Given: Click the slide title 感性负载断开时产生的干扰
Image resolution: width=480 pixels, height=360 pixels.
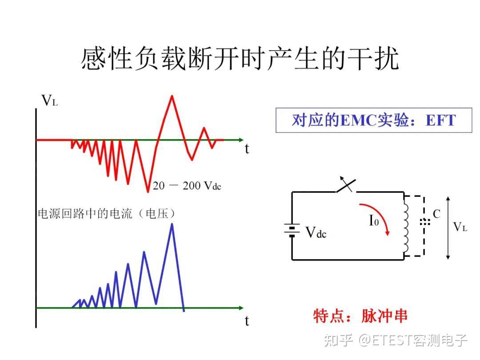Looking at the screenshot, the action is (x=240, y=59).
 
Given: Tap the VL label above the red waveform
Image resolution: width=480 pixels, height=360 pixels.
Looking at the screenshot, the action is (x=49, y=101).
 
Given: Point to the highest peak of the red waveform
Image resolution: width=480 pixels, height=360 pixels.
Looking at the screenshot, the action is (x=172, y=96).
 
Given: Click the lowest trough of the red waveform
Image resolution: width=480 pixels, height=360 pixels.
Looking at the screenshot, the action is (x=148, y=191).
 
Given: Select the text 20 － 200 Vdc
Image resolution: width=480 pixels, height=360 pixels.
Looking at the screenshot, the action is (x=187, y=186).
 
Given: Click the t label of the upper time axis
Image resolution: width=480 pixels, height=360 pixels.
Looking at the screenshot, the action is (x=247, y=149).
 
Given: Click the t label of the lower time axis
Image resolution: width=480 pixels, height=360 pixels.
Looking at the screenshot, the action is (x=247, y=320).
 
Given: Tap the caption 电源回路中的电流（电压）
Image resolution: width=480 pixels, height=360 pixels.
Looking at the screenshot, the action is (x=106, y=214).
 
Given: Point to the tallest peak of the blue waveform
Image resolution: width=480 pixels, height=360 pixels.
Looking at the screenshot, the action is (x=172, y=224).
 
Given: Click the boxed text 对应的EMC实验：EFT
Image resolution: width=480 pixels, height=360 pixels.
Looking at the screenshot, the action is (x=373, y=120).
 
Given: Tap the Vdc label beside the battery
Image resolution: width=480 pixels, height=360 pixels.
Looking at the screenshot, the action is (x=316, y=232).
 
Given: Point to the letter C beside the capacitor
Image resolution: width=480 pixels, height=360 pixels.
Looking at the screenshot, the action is (x=436, y=214).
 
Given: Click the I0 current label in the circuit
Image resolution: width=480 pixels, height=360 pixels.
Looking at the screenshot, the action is (x=374, y=220).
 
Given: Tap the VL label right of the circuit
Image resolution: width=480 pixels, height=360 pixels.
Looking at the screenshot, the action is (x=460, y=227).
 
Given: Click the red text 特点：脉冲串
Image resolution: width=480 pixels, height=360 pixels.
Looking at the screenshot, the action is (x=360, y=316).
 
